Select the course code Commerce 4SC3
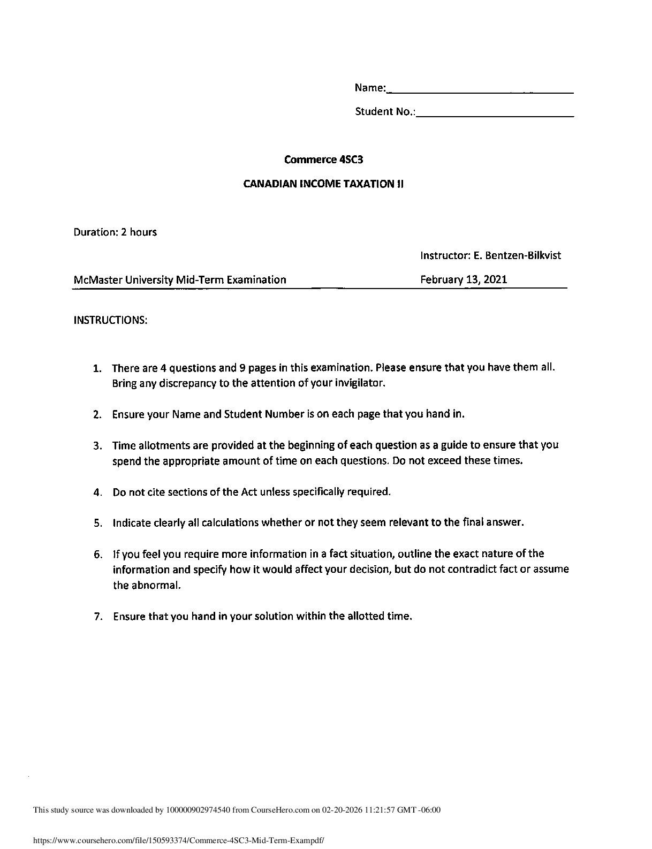click(x=320, y=160)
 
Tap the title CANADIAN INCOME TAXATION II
click(x=323, y=184)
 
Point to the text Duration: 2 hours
click(x=115, y=232)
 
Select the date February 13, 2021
click(x=464, y=279)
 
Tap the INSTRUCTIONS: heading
click(x=110, y=320)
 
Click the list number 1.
click(x=96, y=368)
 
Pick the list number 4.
click(x=96, y=492)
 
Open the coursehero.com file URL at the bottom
click(x=179, y=841)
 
